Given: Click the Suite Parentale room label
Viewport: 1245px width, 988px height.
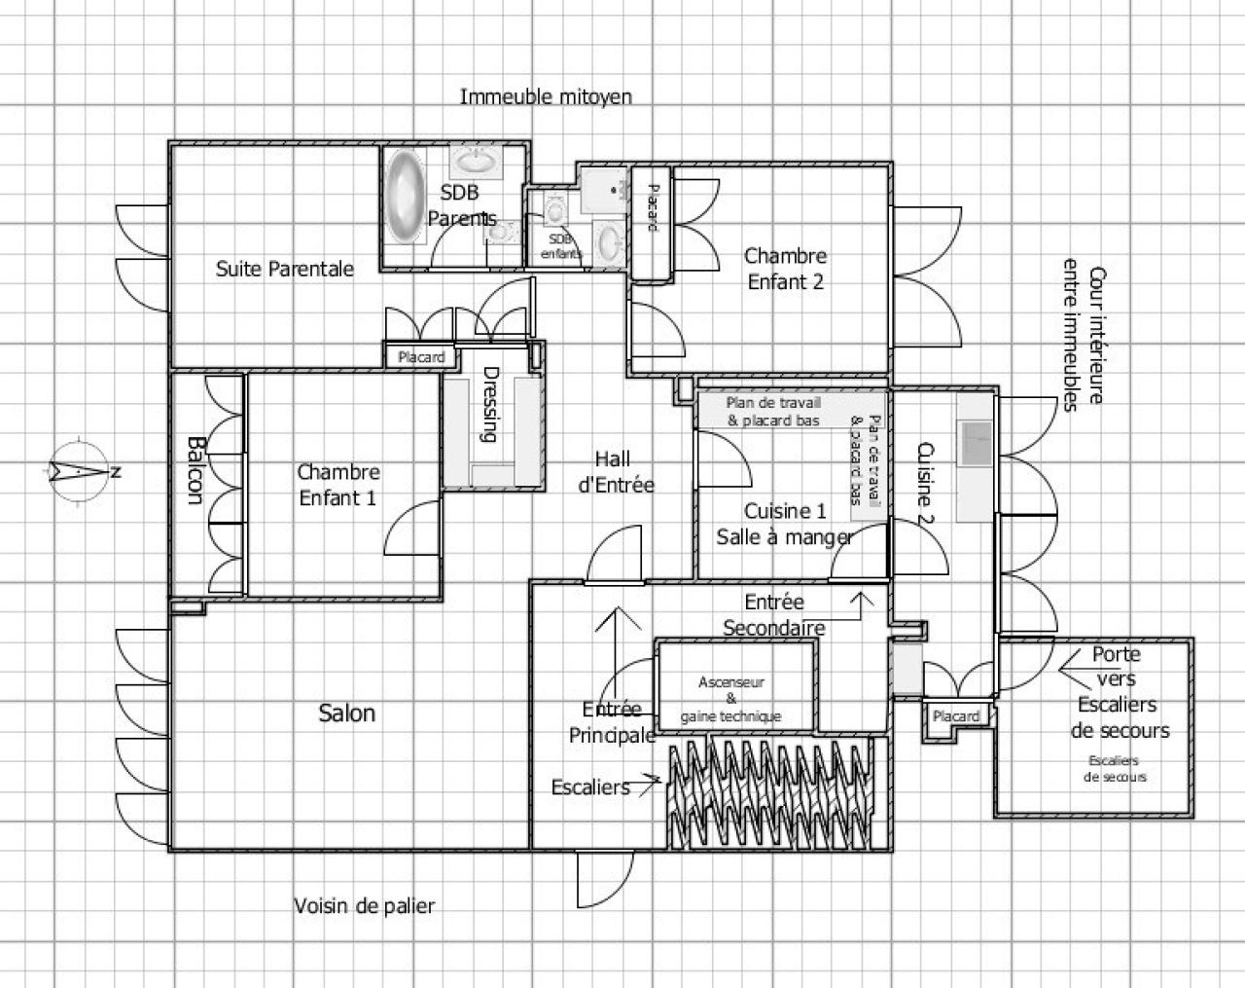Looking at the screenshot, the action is tap(285, 269).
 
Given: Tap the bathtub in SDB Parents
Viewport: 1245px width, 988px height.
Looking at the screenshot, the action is tap(406, 196).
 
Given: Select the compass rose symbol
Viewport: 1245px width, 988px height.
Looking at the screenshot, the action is tap(80, 471).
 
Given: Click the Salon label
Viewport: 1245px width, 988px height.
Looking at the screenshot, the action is tap(347, 713).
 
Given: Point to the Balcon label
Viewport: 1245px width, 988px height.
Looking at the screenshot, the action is tap(195, 470).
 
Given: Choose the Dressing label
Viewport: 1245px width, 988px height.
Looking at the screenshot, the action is tap(490, 404).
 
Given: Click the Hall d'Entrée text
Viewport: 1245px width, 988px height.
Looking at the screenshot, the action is tap(616, 472).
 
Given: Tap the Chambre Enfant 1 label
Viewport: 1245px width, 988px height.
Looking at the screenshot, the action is tap(338, 485).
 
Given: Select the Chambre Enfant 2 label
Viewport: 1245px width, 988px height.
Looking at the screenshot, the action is tap(785, 269).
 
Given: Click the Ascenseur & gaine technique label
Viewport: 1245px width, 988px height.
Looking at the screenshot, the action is tap(730, 699).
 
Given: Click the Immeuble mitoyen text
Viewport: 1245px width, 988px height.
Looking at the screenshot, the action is tap(546, 96).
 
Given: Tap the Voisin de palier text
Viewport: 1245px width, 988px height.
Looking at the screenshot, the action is tap(365, 906).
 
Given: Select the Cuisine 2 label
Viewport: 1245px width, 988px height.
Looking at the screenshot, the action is tap(926, 483).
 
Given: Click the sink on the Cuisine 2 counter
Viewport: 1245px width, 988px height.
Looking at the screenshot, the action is tap(977, 444).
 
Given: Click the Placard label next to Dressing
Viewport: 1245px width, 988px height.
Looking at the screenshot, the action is tap(421, 357).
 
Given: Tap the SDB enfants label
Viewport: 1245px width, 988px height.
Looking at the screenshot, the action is tap(560, 246).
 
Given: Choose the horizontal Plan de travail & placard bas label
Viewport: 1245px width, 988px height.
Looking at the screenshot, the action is tap(773, 411).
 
